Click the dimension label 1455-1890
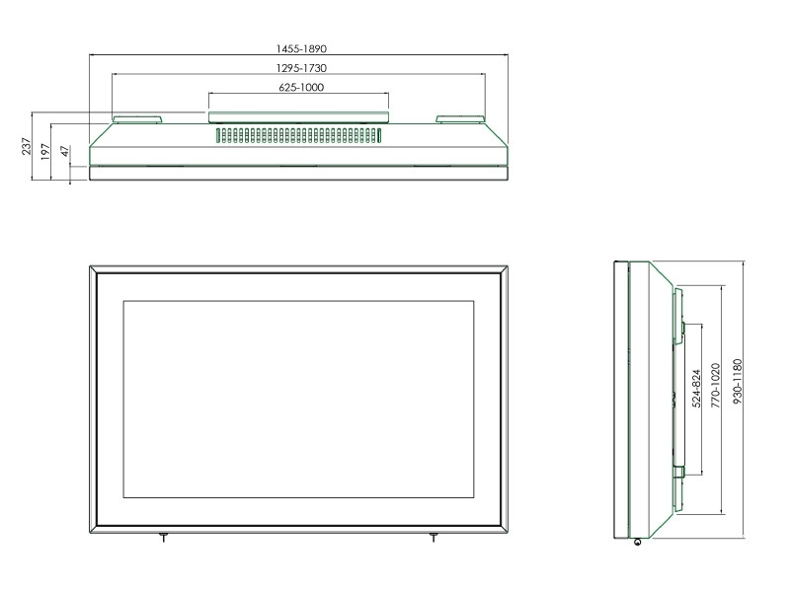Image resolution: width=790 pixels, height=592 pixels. [x=300, y=48]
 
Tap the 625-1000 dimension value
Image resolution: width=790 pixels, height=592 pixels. [x=300, y=88]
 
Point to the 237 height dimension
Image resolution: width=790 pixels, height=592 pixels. [x=28, y=147]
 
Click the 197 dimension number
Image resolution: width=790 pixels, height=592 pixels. [x=46, y=151]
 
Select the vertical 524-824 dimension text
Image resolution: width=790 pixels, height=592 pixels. [x=695, y=390]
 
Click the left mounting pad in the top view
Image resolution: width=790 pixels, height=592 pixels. [x=136, y=119]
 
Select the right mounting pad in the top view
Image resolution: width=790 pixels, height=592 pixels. [x=459, y=119]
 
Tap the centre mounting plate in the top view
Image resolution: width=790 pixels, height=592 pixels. [x=299, y=117]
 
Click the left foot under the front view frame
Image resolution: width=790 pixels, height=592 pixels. [x=163, y=537]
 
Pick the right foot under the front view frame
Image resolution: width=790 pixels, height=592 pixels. [x=433, y=537]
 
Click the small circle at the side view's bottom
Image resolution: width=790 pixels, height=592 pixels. [x=638, y=541]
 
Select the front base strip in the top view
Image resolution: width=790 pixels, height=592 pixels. [x=299, y=174]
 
